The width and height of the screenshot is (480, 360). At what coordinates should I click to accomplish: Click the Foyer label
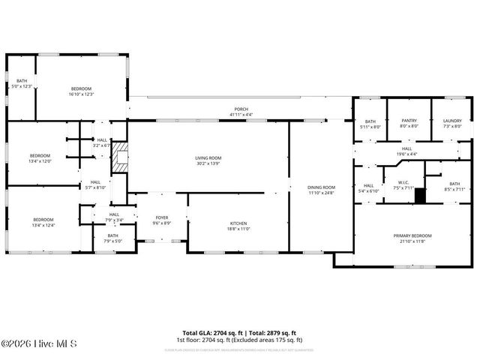tap(162, 220)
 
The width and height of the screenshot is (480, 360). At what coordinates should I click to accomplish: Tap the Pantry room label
tap(409, 123)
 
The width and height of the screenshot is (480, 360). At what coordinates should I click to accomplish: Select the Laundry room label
tap(452, 123)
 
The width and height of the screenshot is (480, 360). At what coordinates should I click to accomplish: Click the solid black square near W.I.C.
tap(420, 196)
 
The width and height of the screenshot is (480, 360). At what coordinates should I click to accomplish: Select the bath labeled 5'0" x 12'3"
tap(22, 83)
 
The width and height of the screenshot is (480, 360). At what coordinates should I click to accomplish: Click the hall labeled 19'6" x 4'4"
tap(406, 151)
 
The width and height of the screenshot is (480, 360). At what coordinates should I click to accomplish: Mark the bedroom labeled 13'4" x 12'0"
tap(40, 158)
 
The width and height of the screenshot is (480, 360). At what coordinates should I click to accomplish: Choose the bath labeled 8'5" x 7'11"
tap(454, 186)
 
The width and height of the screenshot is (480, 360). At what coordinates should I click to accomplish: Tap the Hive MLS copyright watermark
tap(39, 344)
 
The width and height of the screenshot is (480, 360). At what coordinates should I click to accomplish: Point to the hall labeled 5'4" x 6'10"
tap(369, 188)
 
